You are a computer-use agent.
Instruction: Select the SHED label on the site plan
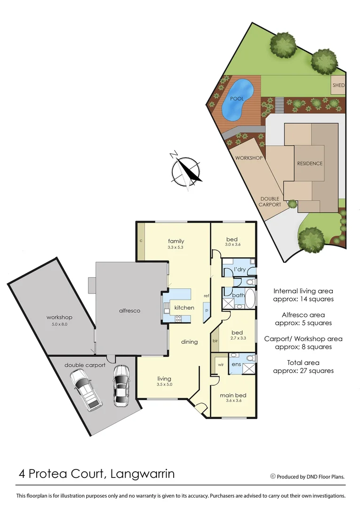[338, 86]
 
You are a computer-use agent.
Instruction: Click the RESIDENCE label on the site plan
[310, 164]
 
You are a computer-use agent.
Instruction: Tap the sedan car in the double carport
[121, 385]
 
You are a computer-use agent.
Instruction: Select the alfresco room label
[130, 311]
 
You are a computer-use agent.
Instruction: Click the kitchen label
[184, 308]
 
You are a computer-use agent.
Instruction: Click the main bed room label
[233, 395]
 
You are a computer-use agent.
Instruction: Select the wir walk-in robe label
[220, 364]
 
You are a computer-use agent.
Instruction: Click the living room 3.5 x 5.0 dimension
[164, 385]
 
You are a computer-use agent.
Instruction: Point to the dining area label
[189, 342]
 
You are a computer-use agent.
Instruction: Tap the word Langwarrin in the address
[142, 474]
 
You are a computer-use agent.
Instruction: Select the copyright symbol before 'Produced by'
[272, 476]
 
